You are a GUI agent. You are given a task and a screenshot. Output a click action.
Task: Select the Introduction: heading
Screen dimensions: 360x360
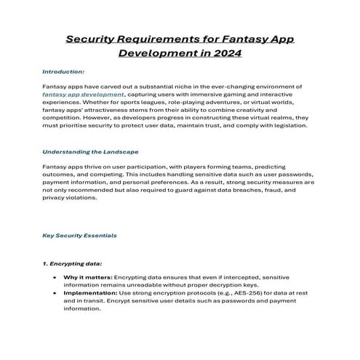[63, 72]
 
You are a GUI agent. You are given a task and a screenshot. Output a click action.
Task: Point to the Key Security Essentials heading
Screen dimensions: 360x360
[79, 236]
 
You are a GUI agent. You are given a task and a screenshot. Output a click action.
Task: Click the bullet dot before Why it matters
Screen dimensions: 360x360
[56, 279]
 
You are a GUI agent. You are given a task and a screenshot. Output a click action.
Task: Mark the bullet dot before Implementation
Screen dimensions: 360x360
[56, 293]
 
